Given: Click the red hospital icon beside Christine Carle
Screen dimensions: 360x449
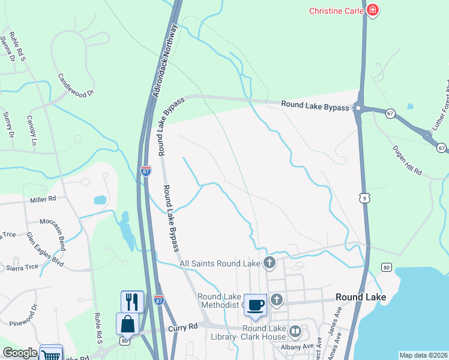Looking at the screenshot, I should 373,11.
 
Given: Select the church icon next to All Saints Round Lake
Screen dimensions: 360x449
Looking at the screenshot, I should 270,262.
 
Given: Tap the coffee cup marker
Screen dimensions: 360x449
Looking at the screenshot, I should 255,305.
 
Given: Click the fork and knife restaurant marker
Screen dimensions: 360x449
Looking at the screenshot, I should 132,301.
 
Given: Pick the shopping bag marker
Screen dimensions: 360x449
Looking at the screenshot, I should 128,324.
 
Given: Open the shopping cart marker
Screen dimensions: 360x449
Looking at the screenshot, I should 51,354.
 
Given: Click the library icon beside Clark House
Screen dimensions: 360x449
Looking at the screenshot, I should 295,331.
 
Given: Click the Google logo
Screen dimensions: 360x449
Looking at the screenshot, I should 20,353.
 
